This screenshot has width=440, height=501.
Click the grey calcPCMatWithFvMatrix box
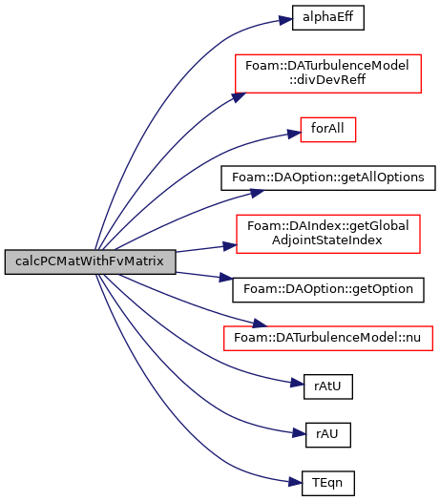[90, 261]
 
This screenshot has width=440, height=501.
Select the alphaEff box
[327, 17]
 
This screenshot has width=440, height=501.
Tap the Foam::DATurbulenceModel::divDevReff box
[328, 73]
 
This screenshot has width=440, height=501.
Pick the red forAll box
[327, 130]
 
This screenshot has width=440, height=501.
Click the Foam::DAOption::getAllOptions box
[328, 177]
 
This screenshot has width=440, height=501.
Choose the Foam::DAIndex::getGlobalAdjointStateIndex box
[328, 234]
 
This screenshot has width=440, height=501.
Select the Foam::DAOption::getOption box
[328, 290]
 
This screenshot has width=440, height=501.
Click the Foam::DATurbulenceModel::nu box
[328, 338]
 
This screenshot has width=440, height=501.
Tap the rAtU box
[328, 386]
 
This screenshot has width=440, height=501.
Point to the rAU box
[328, 435]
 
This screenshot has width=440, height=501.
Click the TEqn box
[328, 483]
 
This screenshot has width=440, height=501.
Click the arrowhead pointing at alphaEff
[285, 20]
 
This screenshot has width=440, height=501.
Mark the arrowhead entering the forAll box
[294, 134]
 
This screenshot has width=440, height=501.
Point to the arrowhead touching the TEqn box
[295, 482]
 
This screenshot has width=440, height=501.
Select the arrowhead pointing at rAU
[299, 433]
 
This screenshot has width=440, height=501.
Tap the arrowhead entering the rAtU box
[297, 383]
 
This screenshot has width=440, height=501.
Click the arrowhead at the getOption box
[226, 278]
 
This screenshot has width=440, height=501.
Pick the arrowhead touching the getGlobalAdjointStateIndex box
[230, 246]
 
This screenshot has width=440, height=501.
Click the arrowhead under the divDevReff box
[239, 96]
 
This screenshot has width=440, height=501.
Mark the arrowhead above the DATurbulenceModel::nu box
[260, 324]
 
